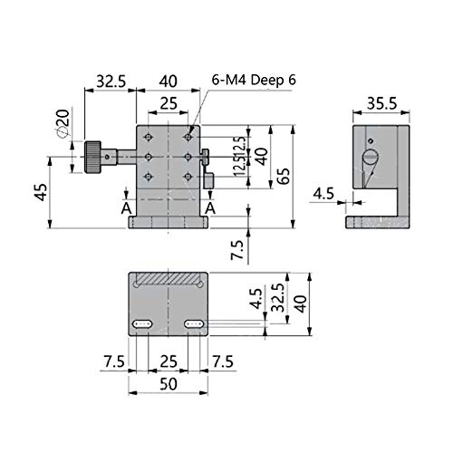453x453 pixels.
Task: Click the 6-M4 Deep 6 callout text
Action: [254, 80]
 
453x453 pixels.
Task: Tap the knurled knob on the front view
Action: [92, 157]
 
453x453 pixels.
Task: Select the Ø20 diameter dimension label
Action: [63, 122]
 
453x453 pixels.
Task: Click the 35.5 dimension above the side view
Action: [381, 103]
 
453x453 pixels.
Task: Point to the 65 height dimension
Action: [284, 176]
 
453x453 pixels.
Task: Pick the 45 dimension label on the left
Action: [42, 192]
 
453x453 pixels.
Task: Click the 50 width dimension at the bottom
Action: [169, 384]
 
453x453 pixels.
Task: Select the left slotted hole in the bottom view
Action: [142, 324]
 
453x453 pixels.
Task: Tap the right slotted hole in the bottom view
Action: [194, 324]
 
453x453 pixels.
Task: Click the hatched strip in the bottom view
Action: [169, 278]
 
